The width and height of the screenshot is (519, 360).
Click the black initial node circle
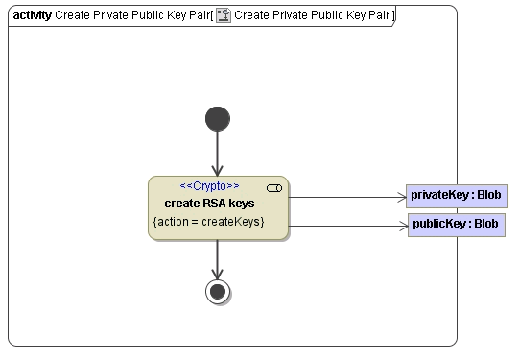click(x=218, y=118)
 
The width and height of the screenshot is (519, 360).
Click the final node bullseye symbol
click(x=218, y=291)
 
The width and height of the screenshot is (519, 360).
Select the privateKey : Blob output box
click(x=455, y=196)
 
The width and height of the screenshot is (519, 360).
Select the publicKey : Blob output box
click(x=456, y=225)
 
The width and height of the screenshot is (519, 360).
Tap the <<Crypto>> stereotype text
click(x=210, y=186)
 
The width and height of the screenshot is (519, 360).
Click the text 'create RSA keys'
click(x=209, y=203)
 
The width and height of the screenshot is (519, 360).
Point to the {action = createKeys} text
click(x=208, y=222)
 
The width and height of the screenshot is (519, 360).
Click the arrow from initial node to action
click(x=218, y=154)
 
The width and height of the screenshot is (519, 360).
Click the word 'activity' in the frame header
click(x=33, y=16)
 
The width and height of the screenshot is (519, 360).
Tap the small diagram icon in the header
click(x=224, y=16)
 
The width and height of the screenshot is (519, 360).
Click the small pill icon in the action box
click(x=273, y=188)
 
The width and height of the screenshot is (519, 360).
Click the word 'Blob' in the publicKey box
click(x=485, y=225)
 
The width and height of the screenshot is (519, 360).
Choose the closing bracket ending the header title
click(x=393, y=16)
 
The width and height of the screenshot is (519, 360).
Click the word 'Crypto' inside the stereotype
click(x=210, y=186)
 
